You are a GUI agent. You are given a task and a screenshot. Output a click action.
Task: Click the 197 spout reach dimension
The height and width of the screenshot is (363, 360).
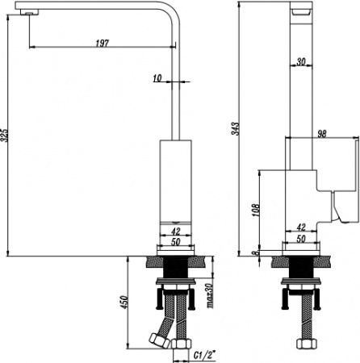click(103, 43)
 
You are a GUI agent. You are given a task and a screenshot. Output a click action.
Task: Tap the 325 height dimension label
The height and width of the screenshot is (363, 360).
click(5, 136)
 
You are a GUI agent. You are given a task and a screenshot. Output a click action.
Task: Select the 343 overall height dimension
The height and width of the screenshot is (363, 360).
click(236, 129)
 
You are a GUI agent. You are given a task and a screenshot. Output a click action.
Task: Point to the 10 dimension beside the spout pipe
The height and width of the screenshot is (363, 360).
click(157, 78)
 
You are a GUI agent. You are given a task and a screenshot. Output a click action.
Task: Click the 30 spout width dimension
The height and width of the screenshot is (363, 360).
click(301, 61)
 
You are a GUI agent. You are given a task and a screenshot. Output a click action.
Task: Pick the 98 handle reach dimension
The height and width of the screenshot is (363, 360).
click(322, 134)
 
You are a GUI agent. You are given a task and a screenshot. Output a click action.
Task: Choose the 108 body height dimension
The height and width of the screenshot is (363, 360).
click(257, 211)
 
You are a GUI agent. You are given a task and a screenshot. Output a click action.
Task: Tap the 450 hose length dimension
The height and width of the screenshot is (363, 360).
click(124, 302)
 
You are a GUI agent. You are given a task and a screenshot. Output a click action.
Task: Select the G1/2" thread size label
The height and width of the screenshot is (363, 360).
click(205, 356)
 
